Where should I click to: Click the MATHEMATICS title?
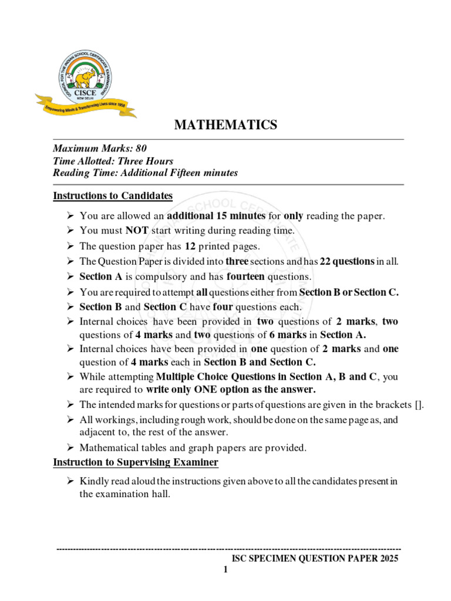pyautogui.click(x=225, y=124)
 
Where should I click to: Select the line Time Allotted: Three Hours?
pyautogui.click(x=113, y=161)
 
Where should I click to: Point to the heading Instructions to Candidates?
pyautogui.click(x=113, y=195)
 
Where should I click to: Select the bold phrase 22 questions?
pyautogui.click(x=347, y=262)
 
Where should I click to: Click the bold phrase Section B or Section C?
pyautogui.click(x=349, y=292)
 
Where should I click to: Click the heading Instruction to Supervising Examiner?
pyautogui.click(x=136, y=462)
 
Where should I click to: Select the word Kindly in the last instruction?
pyautogui.click(x=94, y=481)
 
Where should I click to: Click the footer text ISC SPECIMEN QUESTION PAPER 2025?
pyautogui.click(x=315, y=559)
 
